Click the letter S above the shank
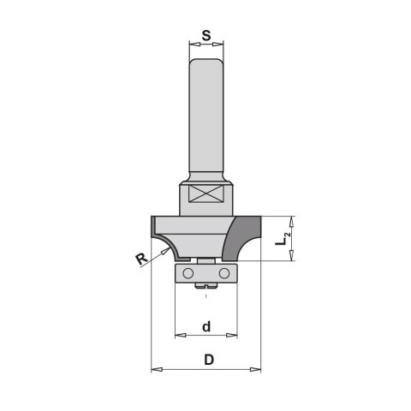click(x=206, y=36)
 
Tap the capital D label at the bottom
click(x=209, y=360)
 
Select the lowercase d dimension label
click(x=206, y=326)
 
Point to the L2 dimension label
click(x=283, y=239)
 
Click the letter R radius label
click(x=141, y=259)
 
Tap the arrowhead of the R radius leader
click(x=165, y=251)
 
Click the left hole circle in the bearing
click(x=188, y=273)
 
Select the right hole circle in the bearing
click(x=224, y=273)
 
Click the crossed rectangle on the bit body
click(x=205, y=194)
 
